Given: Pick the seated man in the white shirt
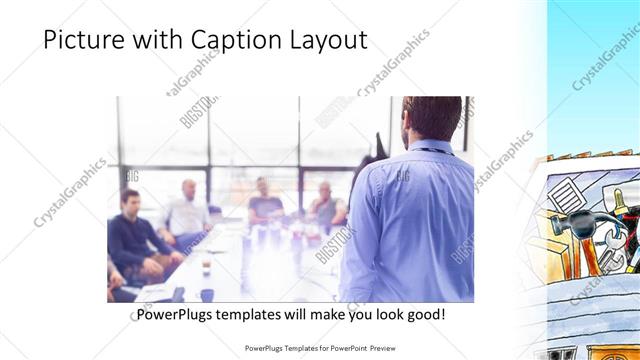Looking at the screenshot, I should coord(187,212).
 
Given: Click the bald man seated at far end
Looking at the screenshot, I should coord(327,205).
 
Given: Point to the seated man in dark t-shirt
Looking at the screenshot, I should coord(264,203).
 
